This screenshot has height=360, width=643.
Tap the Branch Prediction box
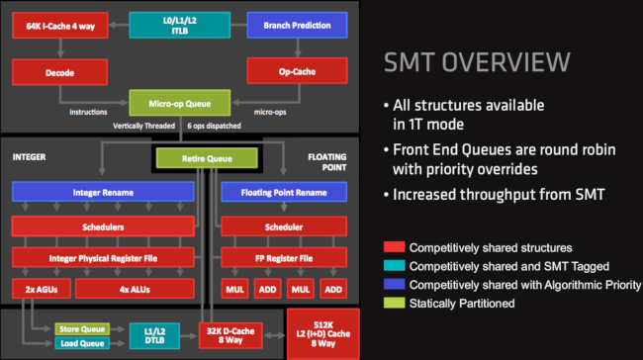coord(295,24)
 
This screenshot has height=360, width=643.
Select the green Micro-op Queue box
coord(177,101)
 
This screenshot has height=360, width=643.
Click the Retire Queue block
coord(206,157)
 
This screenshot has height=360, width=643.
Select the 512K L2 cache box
coord(318,333)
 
